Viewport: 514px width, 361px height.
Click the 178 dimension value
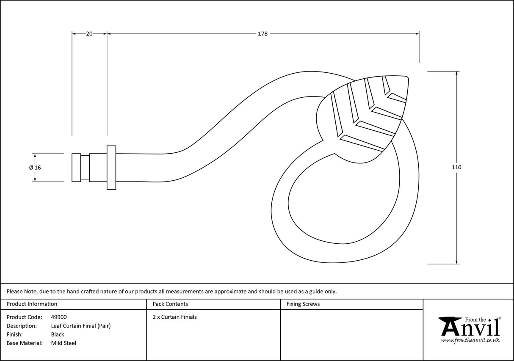click(x=263, y=34)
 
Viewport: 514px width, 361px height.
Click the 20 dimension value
click(x=89, y=34)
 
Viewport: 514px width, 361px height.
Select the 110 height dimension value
click(x=456, y=168)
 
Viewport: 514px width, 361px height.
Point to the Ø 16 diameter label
click(x=35, y=168)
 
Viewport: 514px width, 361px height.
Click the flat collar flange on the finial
click(x=111, y=168)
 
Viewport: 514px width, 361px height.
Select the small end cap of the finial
click(x=76, y=168)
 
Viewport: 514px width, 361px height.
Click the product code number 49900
click(x=59, y=317)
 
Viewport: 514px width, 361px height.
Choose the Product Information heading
click(x=32, y=304)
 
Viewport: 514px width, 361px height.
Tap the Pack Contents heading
click(x=170, y=304)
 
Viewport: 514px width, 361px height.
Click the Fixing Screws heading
click(x=303, y=304)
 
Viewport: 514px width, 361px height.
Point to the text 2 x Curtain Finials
click(x=175, y=317)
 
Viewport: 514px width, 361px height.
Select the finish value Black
click(x=58, y=334)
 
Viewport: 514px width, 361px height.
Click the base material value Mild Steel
click(x=64, y=343)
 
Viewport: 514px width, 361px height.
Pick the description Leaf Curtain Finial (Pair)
click(x=81, y=326)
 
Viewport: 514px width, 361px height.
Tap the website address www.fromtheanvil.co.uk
click(x=470, y=340)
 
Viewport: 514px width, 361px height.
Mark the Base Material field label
click(x=25, y=343)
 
